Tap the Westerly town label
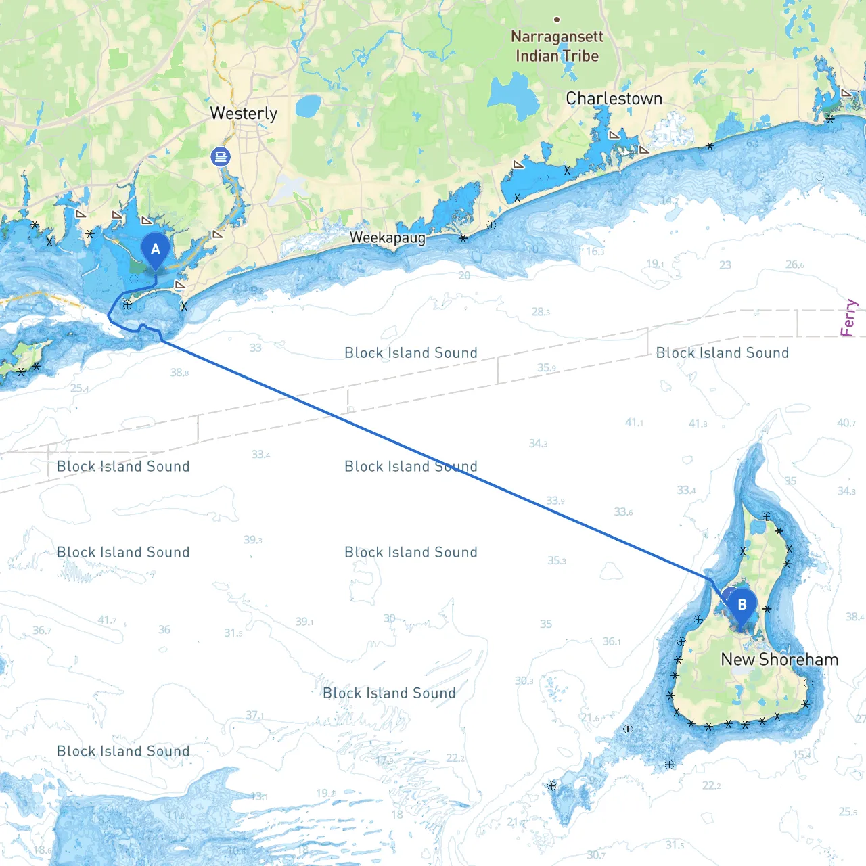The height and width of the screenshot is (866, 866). click(x=244, y=114)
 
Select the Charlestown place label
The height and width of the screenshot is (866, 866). click(x=614, y=99)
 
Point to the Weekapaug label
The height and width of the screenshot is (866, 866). click(x=388, y=238)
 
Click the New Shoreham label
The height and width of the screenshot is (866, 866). click(x=779, y=660)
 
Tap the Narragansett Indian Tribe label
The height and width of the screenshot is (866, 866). click(x=557, y=46)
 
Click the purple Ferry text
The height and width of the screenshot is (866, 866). click(x=848, y=318)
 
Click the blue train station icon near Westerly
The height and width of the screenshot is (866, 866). click(x=221, y=157)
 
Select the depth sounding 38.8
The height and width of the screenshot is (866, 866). click(x=179, y=373)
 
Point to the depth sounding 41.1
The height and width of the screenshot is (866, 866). click(x=634, y=423)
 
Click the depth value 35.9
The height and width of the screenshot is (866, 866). click(x=547, y=368)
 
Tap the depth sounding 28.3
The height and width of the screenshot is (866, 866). click(x=541, y=312)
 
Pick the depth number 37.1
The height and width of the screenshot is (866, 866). click(x=255, y=715)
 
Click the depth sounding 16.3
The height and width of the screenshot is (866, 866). click(x=595, y=252)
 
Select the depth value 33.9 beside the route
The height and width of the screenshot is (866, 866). click(x=555, y=501)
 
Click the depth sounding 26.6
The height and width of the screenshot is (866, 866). click(x=795, y=265)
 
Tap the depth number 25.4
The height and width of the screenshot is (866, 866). click(x=80, y=388)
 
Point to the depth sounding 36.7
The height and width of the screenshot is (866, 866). click(x=42, y=631)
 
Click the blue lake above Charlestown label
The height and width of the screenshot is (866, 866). click(x=516, y=95)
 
